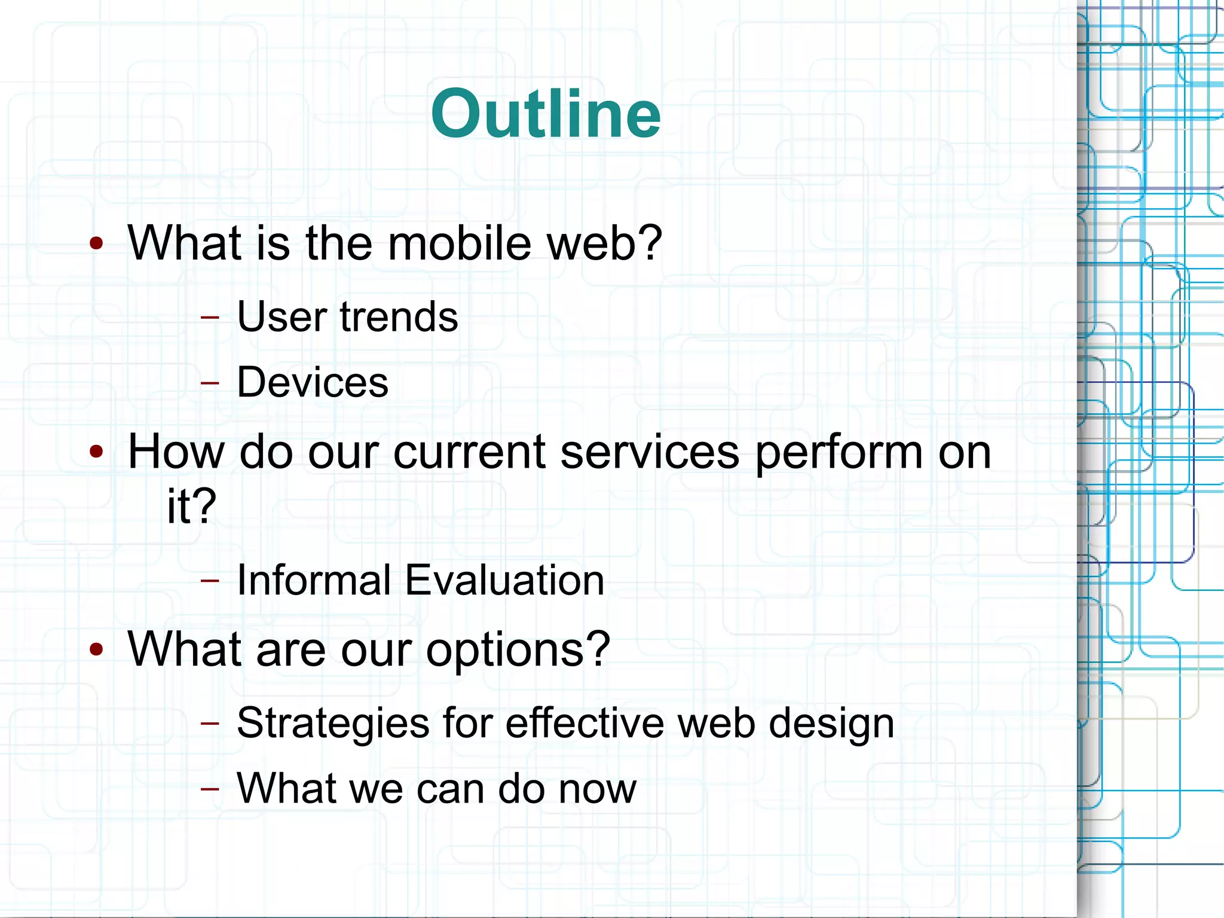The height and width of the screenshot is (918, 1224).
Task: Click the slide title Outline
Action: pos(546,114)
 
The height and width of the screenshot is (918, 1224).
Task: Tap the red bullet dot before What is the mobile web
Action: pos(96,243)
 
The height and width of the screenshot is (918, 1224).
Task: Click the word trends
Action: pos(399,316)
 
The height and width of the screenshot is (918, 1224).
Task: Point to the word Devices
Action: pos(313,382)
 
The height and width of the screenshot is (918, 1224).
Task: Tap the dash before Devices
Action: pos(210,382)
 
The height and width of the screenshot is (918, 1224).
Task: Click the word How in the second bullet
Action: pos(176,452)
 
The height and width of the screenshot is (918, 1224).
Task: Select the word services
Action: pos(650,452)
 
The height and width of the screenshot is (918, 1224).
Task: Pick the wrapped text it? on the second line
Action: pos(191,506)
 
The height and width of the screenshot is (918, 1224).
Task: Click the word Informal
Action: pos(314,580)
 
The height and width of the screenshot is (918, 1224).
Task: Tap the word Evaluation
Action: pos(504,580)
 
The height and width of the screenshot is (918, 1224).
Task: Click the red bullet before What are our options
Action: pos(96,649)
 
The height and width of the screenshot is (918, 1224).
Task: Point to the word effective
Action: pos(585,723)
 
